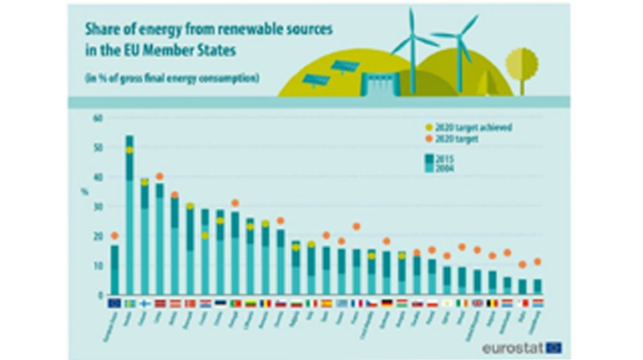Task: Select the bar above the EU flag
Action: (x=114, y=269)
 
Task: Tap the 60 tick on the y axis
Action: (x=97, y=119)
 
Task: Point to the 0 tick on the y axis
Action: (x=99, y=295)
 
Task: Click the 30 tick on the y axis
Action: (x=97, y=206)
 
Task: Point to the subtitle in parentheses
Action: (x=171, y=79)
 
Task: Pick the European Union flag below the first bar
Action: (x=114, y=302)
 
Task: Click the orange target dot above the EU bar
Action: (x=114, y=236)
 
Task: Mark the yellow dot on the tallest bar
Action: (x=129, y=150)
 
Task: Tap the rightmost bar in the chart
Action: (x=538, y=286)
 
